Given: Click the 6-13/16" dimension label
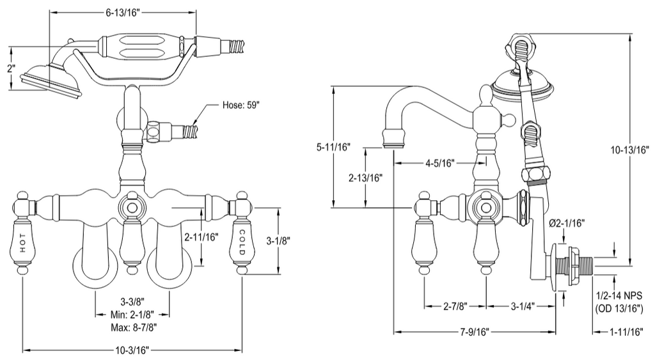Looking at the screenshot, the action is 122,13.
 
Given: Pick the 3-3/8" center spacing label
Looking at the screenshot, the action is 132,302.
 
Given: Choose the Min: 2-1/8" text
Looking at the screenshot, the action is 132,314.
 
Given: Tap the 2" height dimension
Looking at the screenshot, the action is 11,68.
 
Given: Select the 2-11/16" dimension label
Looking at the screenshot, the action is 201,237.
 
